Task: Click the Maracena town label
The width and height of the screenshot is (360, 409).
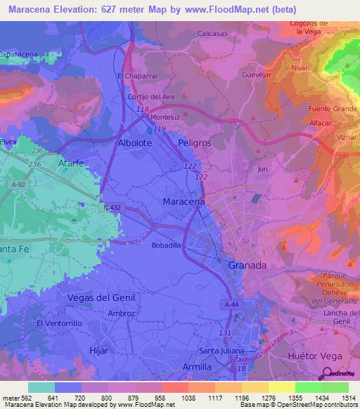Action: click(x=184, y=201)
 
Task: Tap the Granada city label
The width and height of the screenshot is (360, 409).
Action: click(x=247, y=266)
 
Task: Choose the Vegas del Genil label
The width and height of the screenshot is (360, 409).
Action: click(x=101, y=297)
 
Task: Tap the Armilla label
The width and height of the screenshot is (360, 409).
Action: click(x=196, y=367)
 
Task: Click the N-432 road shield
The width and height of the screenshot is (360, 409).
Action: click(x=112, y=207)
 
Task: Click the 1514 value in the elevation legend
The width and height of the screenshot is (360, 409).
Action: click(x=349, y=397)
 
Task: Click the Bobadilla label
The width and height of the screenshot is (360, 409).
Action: click(x=167, y=245)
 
